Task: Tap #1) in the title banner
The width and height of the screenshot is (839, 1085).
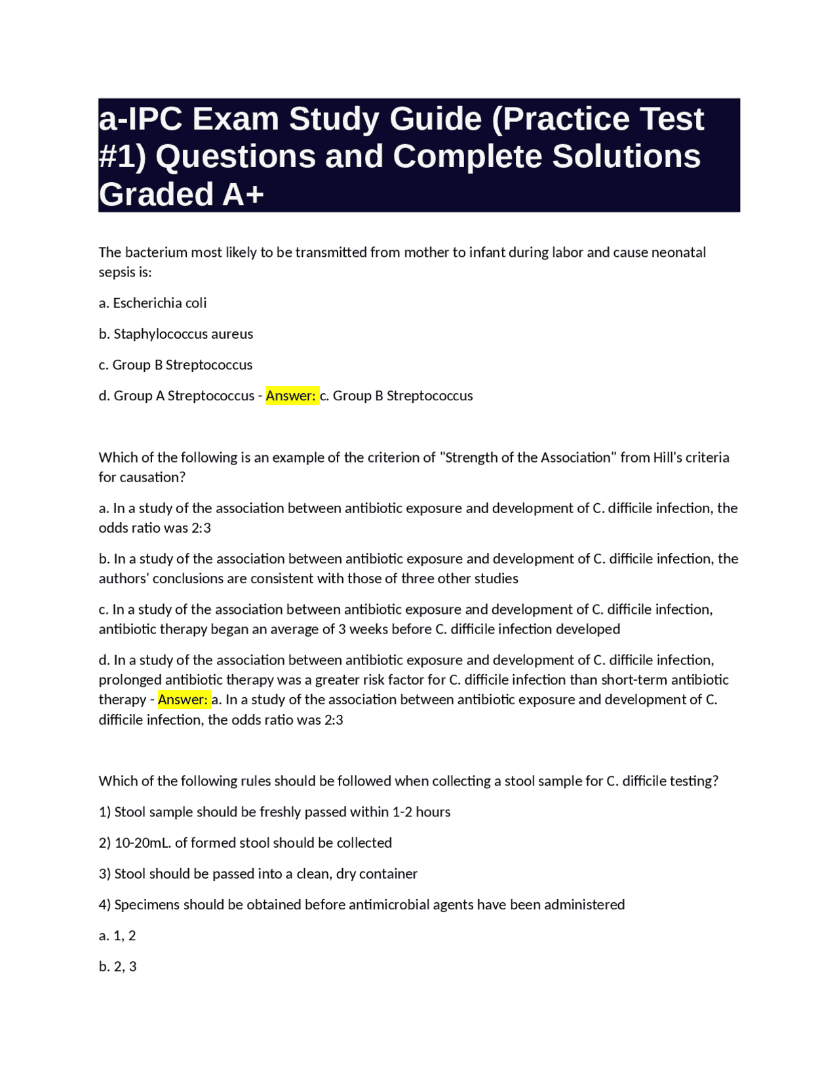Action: (x=123, y=157)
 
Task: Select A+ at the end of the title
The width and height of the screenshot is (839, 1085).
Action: (x=243, y=195)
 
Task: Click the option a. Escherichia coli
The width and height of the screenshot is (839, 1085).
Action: (x=153, y=303)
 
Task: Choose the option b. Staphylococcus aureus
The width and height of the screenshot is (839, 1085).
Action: (x=176, y=333)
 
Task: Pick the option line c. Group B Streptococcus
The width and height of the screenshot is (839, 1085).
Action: (x=176, y=364)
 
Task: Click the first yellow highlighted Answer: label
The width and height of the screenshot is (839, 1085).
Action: (x=291, y=396)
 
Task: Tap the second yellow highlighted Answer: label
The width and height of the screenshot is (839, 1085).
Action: (x=183, y=700)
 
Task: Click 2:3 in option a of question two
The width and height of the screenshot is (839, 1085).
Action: (x=202, y=528)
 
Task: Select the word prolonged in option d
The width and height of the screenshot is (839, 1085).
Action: (x=130, y=679)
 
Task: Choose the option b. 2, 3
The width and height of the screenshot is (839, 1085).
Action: (x=118, y=966)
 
